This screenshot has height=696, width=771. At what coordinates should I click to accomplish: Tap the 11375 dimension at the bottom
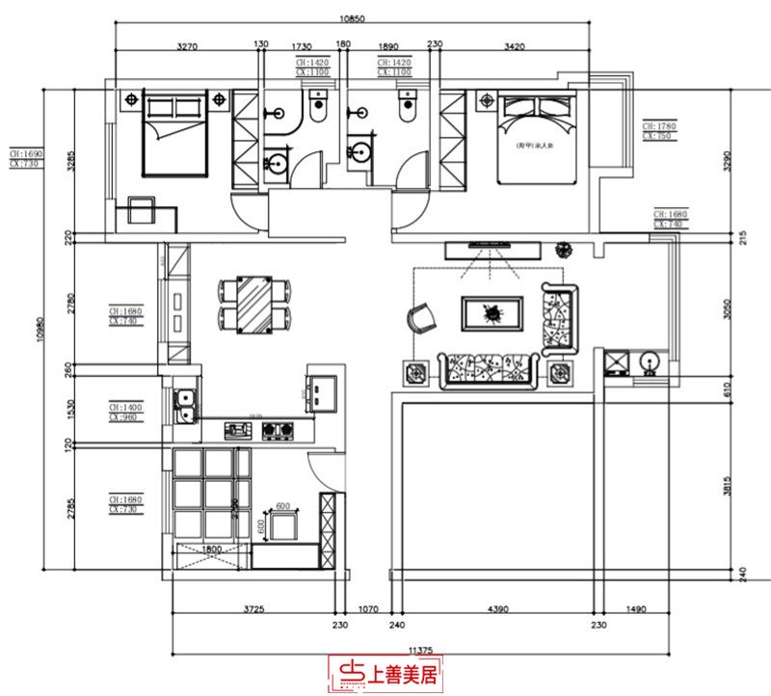coord(420,650)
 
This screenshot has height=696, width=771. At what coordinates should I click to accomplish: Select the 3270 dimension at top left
coord(187,45)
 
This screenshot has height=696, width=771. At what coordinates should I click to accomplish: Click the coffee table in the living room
coord(493,313)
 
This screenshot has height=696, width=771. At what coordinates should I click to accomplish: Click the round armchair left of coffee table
coord(421,318)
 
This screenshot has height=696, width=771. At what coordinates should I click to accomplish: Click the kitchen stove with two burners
coord(277,430)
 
